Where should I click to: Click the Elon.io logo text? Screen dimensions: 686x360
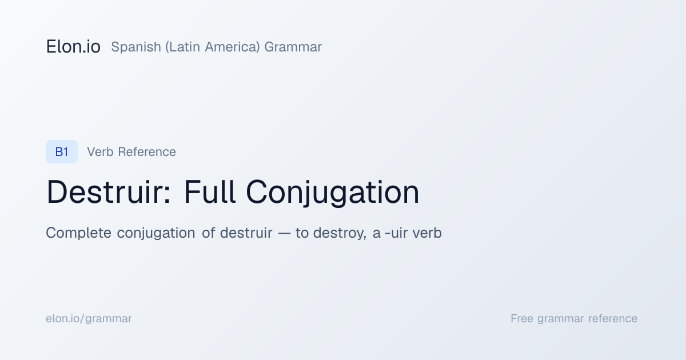pyautogui.click(x=73, y=47)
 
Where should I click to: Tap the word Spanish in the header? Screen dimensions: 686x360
pyautogui.click(x=136, y=47)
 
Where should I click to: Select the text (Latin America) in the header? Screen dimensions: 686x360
pyautogui.click(x=213, y=47)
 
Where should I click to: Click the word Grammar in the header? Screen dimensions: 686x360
pyautogui.click(x=293, y=47)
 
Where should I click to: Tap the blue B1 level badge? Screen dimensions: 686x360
pyautogui.click(x=62, y=151)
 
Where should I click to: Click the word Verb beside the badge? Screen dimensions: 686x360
pyautogui.click(x=100, y=152)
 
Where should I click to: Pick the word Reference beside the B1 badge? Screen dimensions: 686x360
pyautogui.click(x=147, y=152)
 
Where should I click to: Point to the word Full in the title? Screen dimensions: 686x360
pyautogui.click(x=210, y=192)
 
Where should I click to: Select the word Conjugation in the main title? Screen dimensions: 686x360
pyautogui.click(x=333, y=193)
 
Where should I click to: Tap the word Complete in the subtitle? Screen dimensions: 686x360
pyautogui.click(x=79, y=233)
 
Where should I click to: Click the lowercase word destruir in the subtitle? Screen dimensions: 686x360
pyautogui.click(x=246, y=233)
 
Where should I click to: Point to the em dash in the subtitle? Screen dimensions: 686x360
pyautogui.click(x=284, y=234)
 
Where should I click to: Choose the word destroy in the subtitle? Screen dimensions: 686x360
pyautogui.click(x=338, y=233)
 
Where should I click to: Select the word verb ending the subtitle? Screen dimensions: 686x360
pyautogui.click(x=427, y=233)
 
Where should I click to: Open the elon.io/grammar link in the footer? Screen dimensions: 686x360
pyautogui.click(x=89, y=319)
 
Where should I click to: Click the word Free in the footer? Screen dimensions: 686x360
pyautogui.click(x=522, y=318)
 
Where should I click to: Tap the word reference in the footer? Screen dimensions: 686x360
pyautogui.click(x=613, y=319)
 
